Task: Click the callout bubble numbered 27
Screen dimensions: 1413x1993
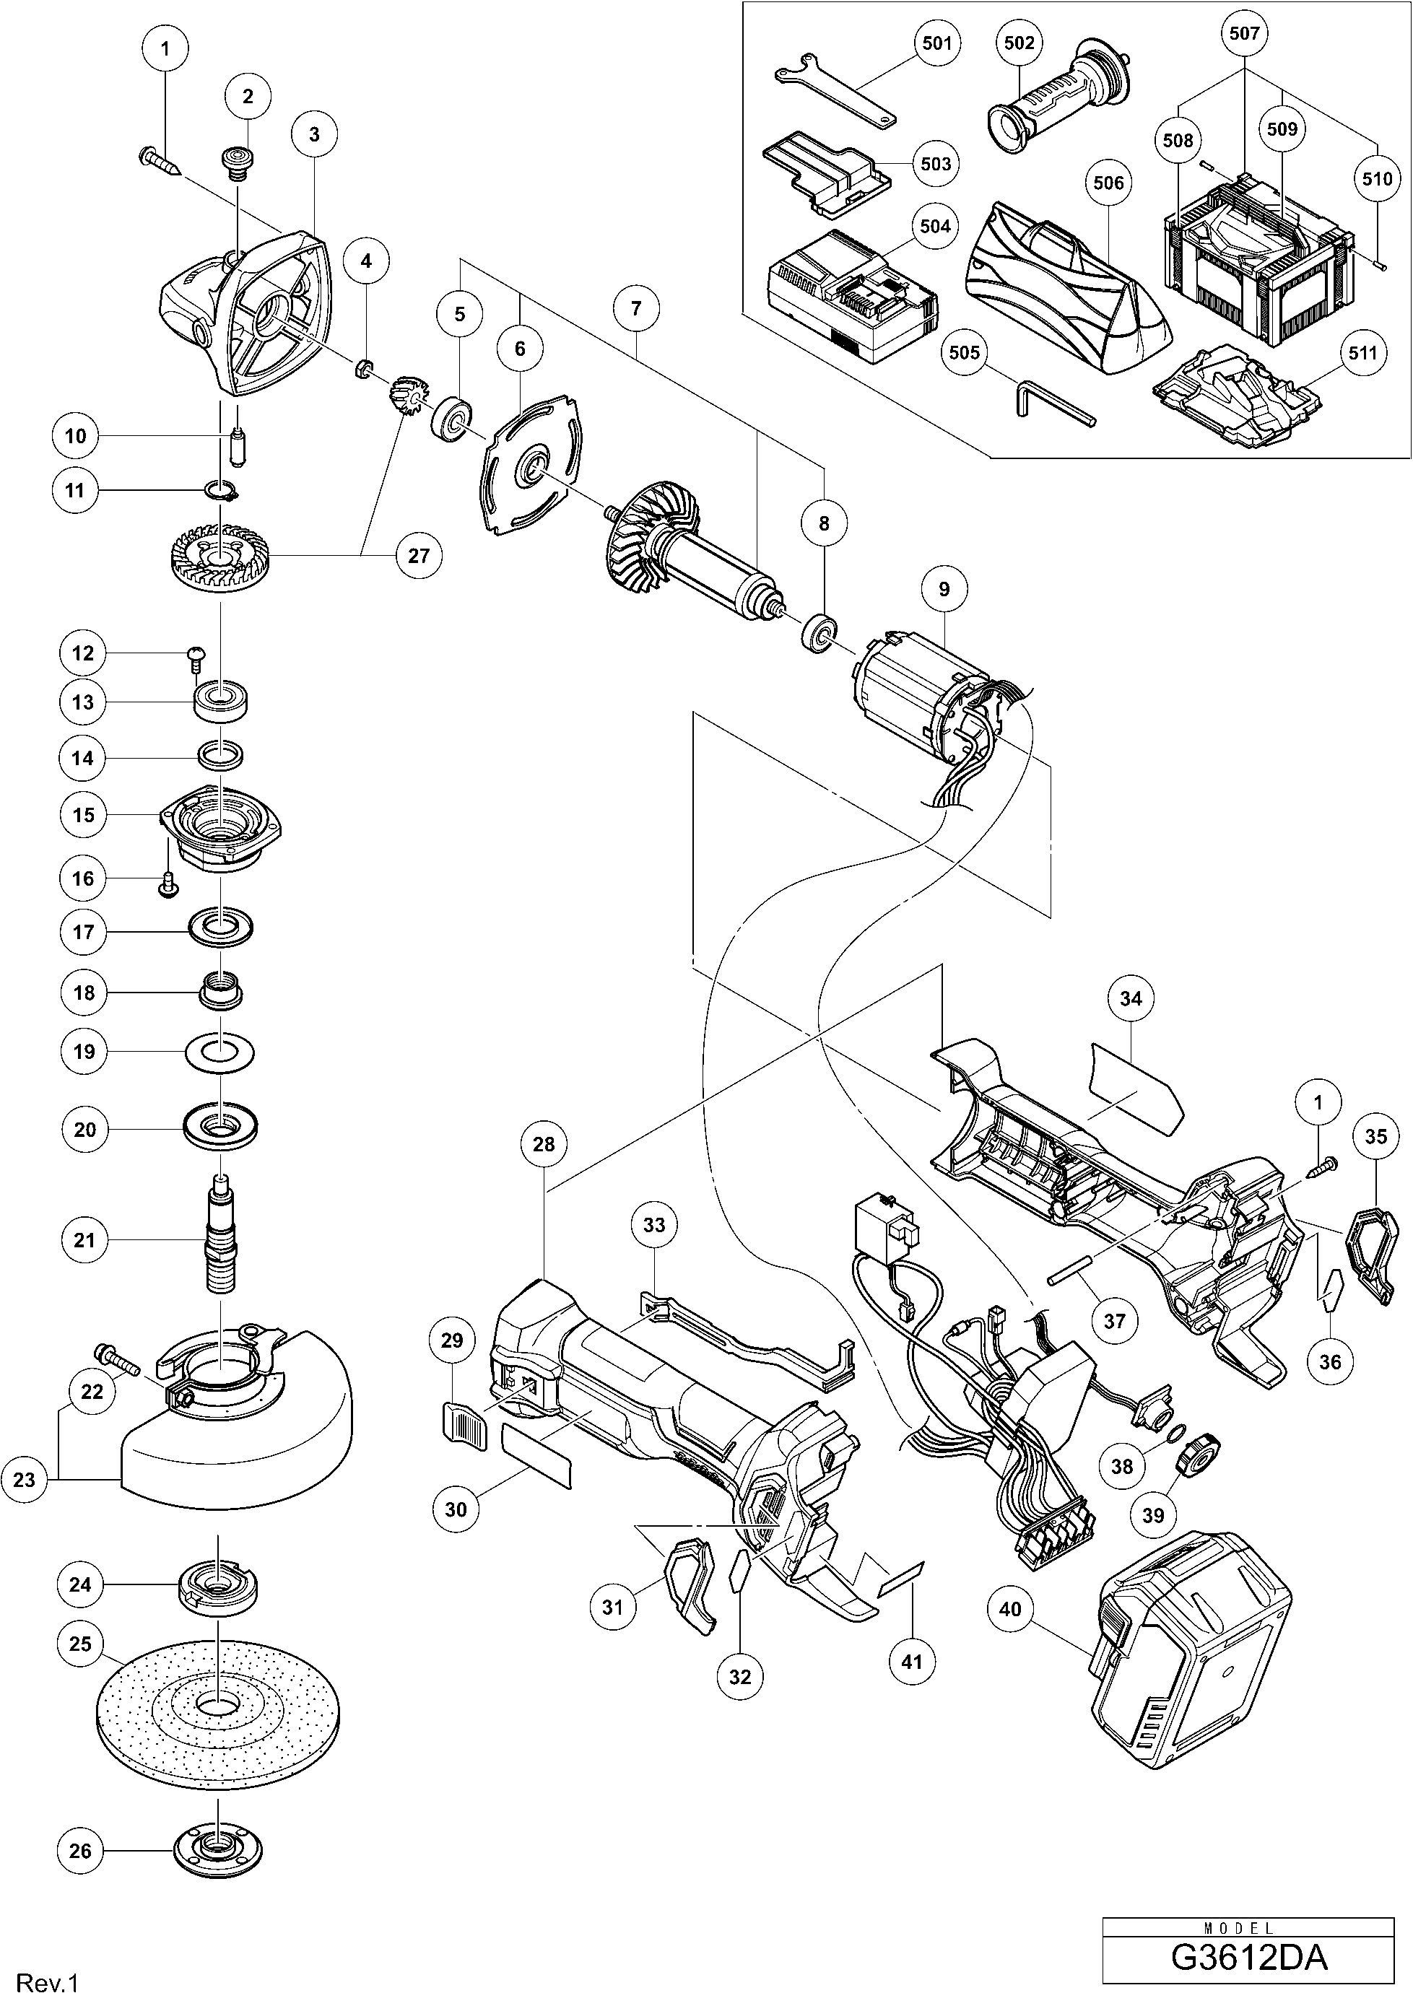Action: coord(419,555)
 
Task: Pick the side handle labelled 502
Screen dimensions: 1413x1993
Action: coord(1059,100)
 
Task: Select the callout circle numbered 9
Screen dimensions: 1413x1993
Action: coord(944,590)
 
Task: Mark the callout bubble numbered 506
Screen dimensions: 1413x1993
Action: coord(1108,183)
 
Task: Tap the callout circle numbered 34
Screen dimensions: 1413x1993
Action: coord(1130,999)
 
